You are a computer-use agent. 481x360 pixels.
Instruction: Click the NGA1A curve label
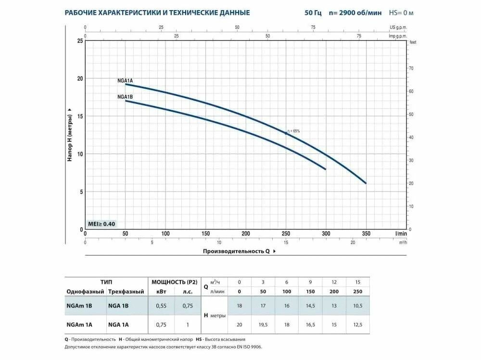pos(125,80)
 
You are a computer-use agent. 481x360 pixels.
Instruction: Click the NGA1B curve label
pos(125,97)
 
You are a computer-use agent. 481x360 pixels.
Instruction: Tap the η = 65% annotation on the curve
pos(293,131)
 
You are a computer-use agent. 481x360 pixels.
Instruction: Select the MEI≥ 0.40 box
pos(101,224)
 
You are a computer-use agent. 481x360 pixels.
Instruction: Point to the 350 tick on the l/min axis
pos(366,234)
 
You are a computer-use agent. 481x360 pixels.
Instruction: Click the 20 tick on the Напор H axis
pos(80,78)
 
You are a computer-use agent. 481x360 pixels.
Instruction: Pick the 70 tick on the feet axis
pos(411,68)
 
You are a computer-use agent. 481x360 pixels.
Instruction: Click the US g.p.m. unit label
pos(398,27)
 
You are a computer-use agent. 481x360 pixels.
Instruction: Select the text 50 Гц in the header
pos(313,13)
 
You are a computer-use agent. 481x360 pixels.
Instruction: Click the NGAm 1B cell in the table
pos(79,305)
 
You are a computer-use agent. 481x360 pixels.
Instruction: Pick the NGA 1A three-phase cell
pos(118,324)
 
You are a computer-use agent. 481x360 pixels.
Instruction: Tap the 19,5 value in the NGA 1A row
pos(263,324)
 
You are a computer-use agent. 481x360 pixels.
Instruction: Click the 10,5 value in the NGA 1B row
pos(356,305)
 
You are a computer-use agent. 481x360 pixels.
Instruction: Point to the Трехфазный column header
pos(126,292)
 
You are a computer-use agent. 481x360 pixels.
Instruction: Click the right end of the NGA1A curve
pos(366,183)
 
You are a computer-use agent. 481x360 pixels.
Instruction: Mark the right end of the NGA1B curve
pos(326,169)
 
